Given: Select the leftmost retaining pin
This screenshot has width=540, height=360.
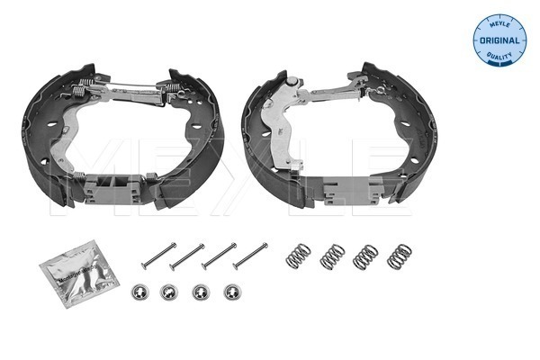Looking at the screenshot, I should point(157,256).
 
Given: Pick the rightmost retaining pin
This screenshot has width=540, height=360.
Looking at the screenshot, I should point(249,256).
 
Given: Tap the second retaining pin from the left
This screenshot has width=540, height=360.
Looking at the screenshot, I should point(187,256).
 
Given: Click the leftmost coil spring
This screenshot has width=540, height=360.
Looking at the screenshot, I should point(298,255).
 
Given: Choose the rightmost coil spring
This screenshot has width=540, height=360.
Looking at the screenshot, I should point(399,256).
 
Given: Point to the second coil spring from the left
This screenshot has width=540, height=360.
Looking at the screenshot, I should point(332,256).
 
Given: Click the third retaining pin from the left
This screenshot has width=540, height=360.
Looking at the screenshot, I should point(219,256).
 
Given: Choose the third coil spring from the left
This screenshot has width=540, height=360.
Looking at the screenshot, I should point(365,256).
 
